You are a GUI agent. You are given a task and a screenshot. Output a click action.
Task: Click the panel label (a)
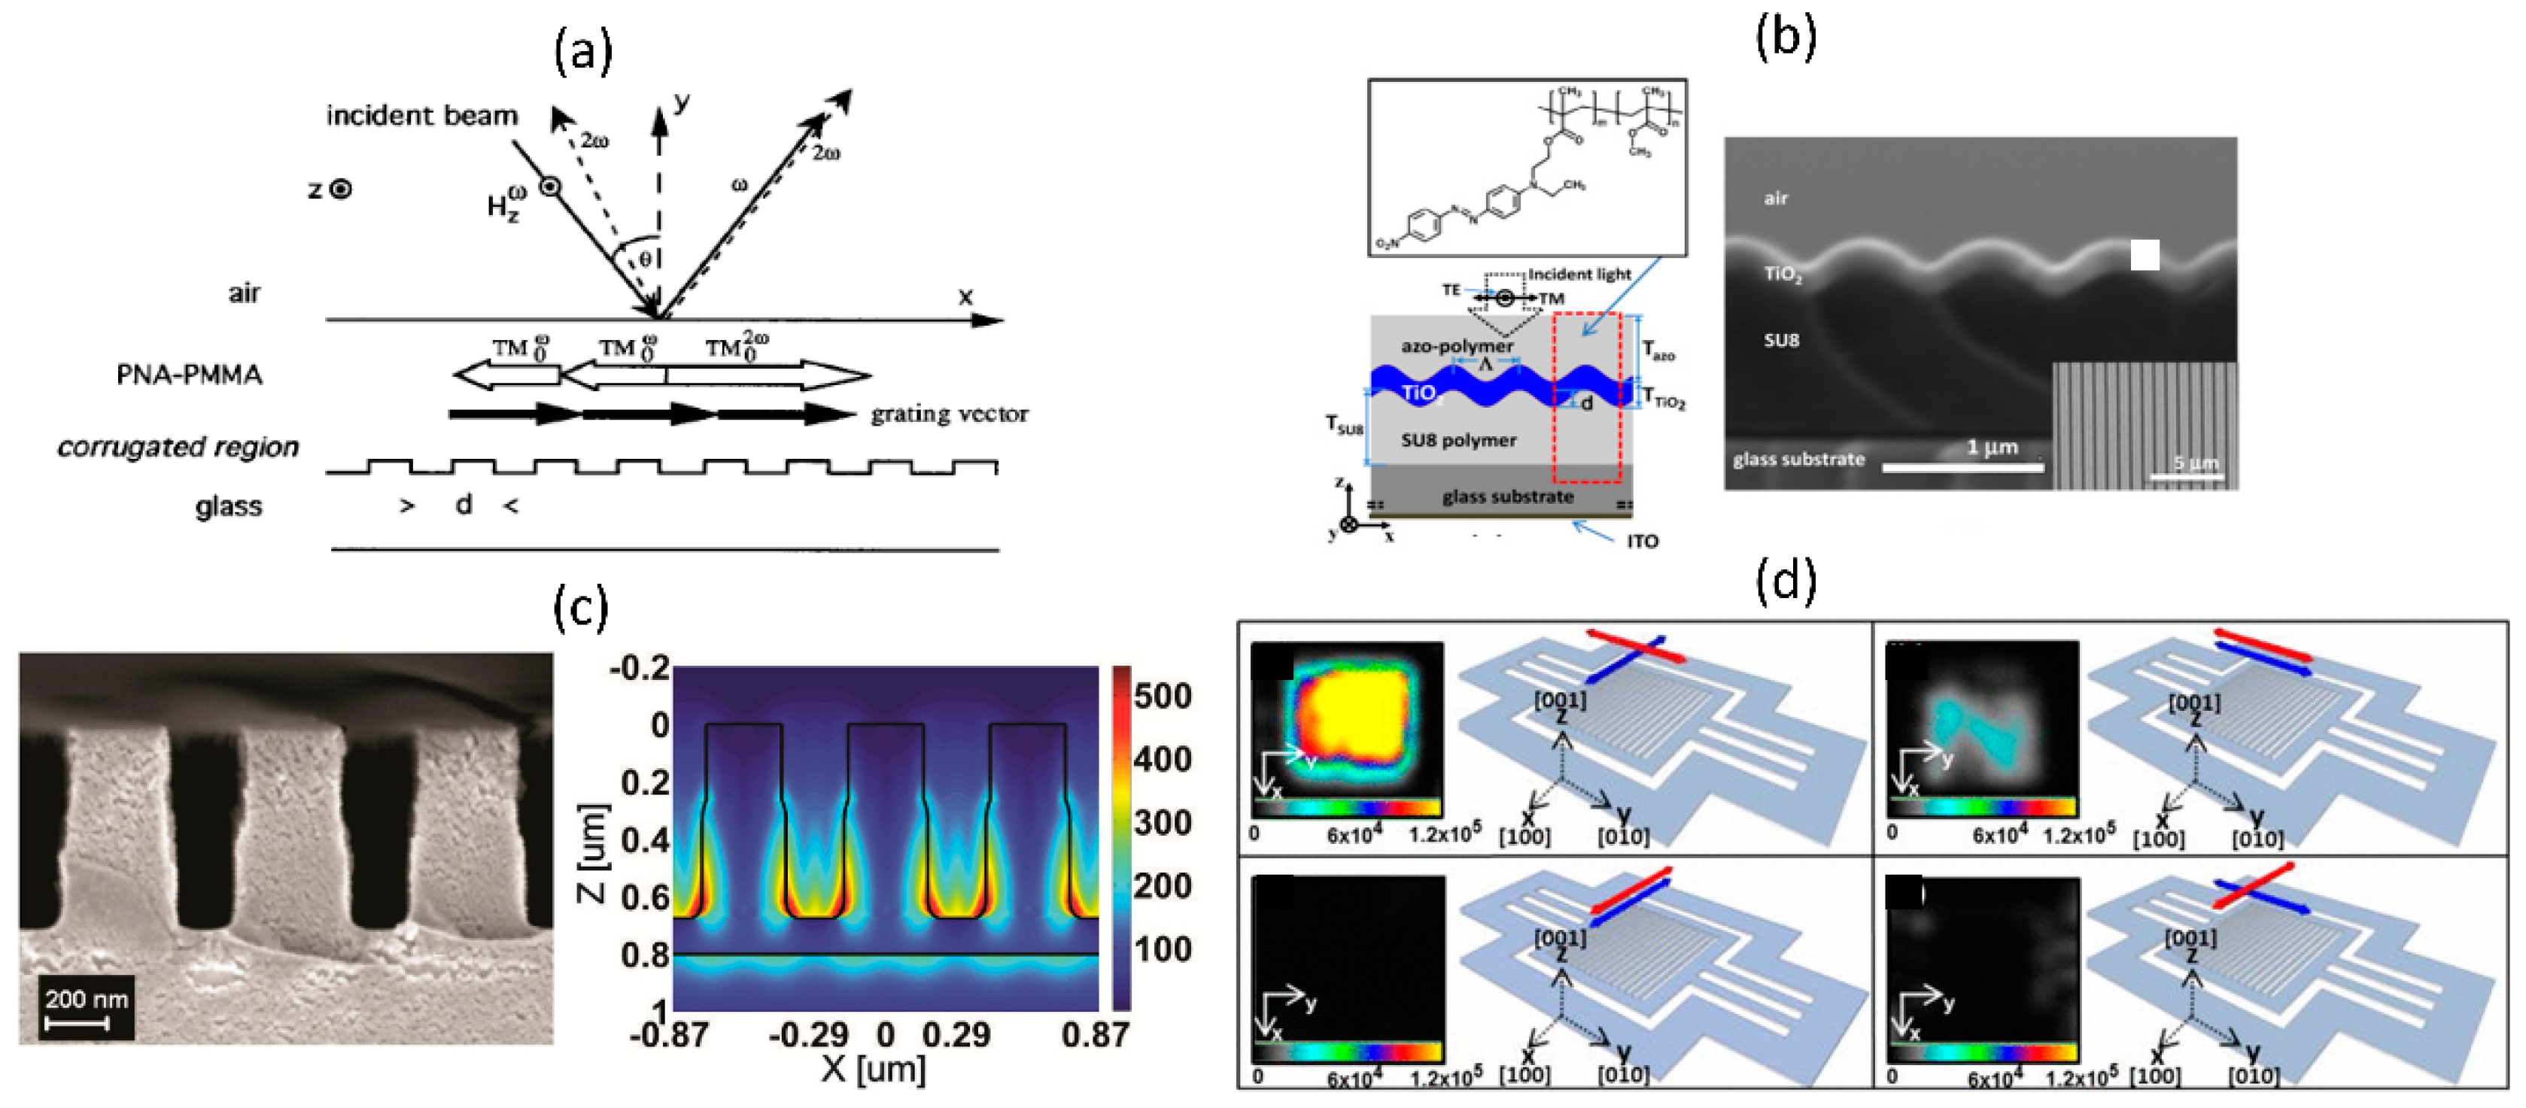[x=583, y=51]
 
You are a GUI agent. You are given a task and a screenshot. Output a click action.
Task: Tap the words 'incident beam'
[x=421, y=116]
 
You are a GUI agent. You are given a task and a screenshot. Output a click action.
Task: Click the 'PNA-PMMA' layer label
[x=190, y=375]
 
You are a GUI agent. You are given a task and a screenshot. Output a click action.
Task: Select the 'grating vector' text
[x=949, y=414]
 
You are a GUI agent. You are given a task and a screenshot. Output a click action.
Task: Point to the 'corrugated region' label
[x=178, y=447]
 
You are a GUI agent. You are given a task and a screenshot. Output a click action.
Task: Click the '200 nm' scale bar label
[x=87, y=999]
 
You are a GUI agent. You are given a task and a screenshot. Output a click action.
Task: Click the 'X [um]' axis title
[x=873, y=1068]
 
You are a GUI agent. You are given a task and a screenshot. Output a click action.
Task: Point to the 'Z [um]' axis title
[x=592, y=853]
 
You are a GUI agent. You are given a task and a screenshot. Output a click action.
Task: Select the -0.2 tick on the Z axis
[x=640, y=669]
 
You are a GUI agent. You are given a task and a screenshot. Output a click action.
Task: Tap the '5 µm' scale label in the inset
[x=2195, y=463]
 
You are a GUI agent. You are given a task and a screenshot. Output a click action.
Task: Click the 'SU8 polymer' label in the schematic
[x=1458, y=440]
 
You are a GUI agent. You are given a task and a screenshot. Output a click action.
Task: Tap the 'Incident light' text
[x=1579, y=275]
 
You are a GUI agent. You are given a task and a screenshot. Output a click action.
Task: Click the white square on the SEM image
[x=2145, y=255]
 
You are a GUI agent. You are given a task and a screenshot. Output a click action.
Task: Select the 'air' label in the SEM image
[x=1776, y=198]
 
